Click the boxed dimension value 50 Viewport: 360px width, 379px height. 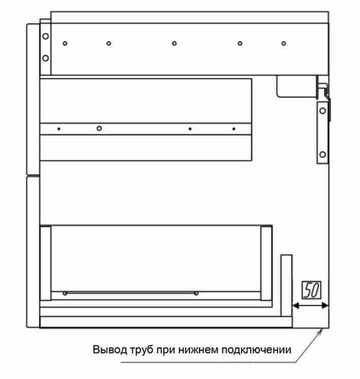pos(312,290)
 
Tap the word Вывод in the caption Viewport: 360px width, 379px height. pos(110,350)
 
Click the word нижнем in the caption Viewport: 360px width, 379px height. pos(198,350)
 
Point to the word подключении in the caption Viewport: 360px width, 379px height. pos(256,350)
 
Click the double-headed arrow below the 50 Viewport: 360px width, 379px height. pos(310,306)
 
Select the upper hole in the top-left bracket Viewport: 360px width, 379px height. pos(46,36)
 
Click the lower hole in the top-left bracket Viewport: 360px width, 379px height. pos(46,58)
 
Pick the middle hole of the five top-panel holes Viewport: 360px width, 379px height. pos(174,44)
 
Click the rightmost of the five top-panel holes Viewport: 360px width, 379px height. pos(284,44)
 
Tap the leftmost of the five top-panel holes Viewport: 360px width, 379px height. pos(65,44)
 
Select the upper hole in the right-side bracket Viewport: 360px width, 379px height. pos(322,111)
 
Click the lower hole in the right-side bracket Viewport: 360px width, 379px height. pos(322,154)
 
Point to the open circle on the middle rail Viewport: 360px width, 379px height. pos(99,128)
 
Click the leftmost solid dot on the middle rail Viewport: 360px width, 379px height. pos(59,129)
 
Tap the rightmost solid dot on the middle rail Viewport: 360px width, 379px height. pos(234,129)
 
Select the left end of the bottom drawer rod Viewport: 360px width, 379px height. pos(65,293)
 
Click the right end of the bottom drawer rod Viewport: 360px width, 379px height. pos(196,293)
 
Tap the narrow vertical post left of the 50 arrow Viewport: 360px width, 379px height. pos(286,286)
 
